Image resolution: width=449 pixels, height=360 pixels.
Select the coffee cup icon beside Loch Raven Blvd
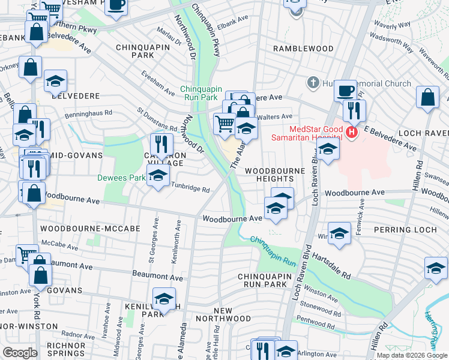345,91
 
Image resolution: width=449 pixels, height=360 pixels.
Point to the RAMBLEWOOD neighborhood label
303,48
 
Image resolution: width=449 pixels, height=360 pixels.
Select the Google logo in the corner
20,353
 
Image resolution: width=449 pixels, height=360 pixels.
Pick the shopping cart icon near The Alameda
224,124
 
